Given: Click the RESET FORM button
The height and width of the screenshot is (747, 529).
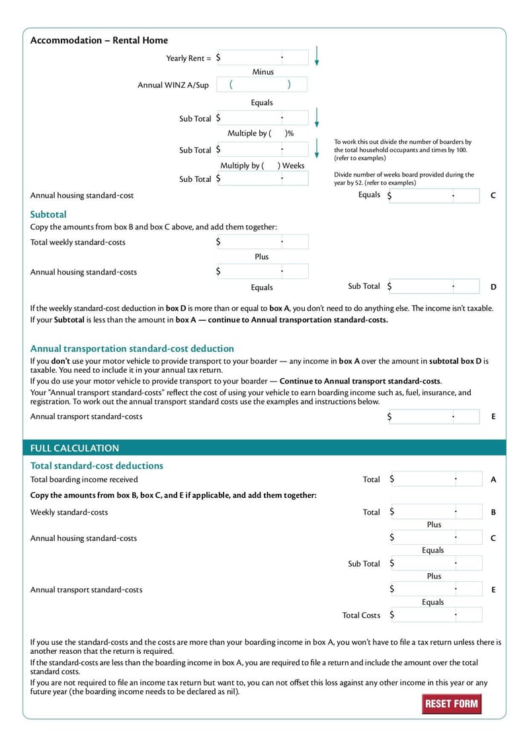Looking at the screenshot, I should (452, 703).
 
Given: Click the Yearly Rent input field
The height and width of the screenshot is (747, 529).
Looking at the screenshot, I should (263, 58).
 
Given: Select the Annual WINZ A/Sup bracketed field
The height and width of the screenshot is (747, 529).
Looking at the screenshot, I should (261, 85).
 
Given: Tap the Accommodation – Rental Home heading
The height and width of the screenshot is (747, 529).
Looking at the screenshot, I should (99, 40).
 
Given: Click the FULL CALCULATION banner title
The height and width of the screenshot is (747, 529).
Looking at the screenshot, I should (75, 448).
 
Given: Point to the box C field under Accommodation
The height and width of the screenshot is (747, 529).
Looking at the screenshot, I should (434, 196).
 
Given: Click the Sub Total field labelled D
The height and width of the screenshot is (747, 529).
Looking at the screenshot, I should (434, 287).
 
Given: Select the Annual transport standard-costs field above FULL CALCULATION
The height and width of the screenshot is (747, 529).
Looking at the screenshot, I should (434, 417).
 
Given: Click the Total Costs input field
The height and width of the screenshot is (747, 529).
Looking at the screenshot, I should (436, 615).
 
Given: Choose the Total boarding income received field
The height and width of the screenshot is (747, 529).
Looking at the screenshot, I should (436, 479).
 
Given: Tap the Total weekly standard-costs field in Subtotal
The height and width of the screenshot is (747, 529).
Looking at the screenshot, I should (263, 242).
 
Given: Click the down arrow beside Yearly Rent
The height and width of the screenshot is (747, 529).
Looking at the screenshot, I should (317, 56).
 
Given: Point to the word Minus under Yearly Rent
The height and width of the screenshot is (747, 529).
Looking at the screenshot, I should (263, 72).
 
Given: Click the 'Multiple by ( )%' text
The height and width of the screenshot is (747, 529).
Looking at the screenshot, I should (261, 134).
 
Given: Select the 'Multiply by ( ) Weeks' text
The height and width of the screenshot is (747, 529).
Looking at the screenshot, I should (262, 165).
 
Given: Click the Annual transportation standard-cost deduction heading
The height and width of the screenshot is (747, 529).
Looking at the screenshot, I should (132, 348).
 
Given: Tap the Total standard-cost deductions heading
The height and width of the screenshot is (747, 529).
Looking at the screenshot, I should (97, 465).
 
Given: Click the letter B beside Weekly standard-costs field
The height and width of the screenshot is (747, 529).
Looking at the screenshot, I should (493, 512).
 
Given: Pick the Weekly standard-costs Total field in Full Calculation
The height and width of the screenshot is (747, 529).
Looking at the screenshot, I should (436, 512).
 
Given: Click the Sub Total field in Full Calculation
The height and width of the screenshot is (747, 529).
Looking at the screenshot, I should (436, 564).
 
